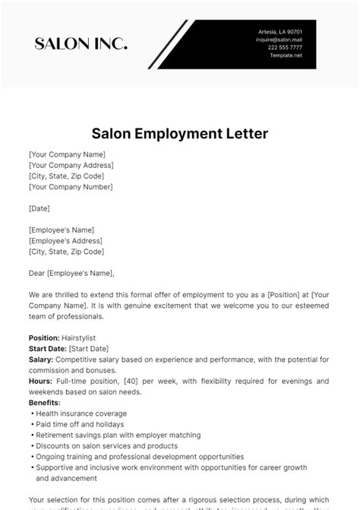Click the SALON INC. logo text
tap(81, 43)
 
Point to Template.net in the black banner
tap(288, 55)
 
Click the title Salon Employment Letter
tap(179, 134)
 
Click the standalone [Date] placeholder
tap(39, 207)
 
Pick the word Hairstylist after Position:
tap(82, 337)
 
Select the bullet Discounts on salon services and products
tap(107, 446)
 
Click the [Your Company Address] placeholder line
tap(71, 165)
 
